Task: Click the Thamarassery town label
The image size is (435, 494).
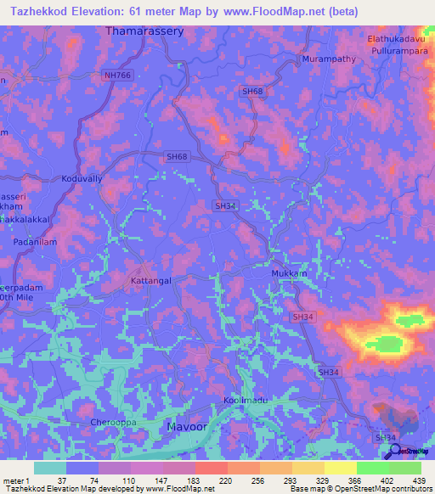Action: tap(144, 31)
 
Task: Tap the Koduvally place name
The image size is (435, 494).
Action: tap(81, 179)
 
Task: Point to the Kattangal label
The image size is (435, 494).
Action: tap(153, 278)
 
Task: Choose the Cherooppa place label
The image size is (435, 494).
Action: tap(112, 422)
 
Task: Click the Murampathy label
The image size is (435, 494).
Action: tap(326, 59)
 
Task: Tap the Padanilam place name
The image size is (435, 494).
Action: tap(35, 242)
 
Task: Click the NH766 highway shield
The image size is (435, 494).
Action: tap(119, 76)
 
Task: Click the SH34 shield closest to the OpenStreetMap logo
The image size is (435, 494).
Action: tap(385, 437)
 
